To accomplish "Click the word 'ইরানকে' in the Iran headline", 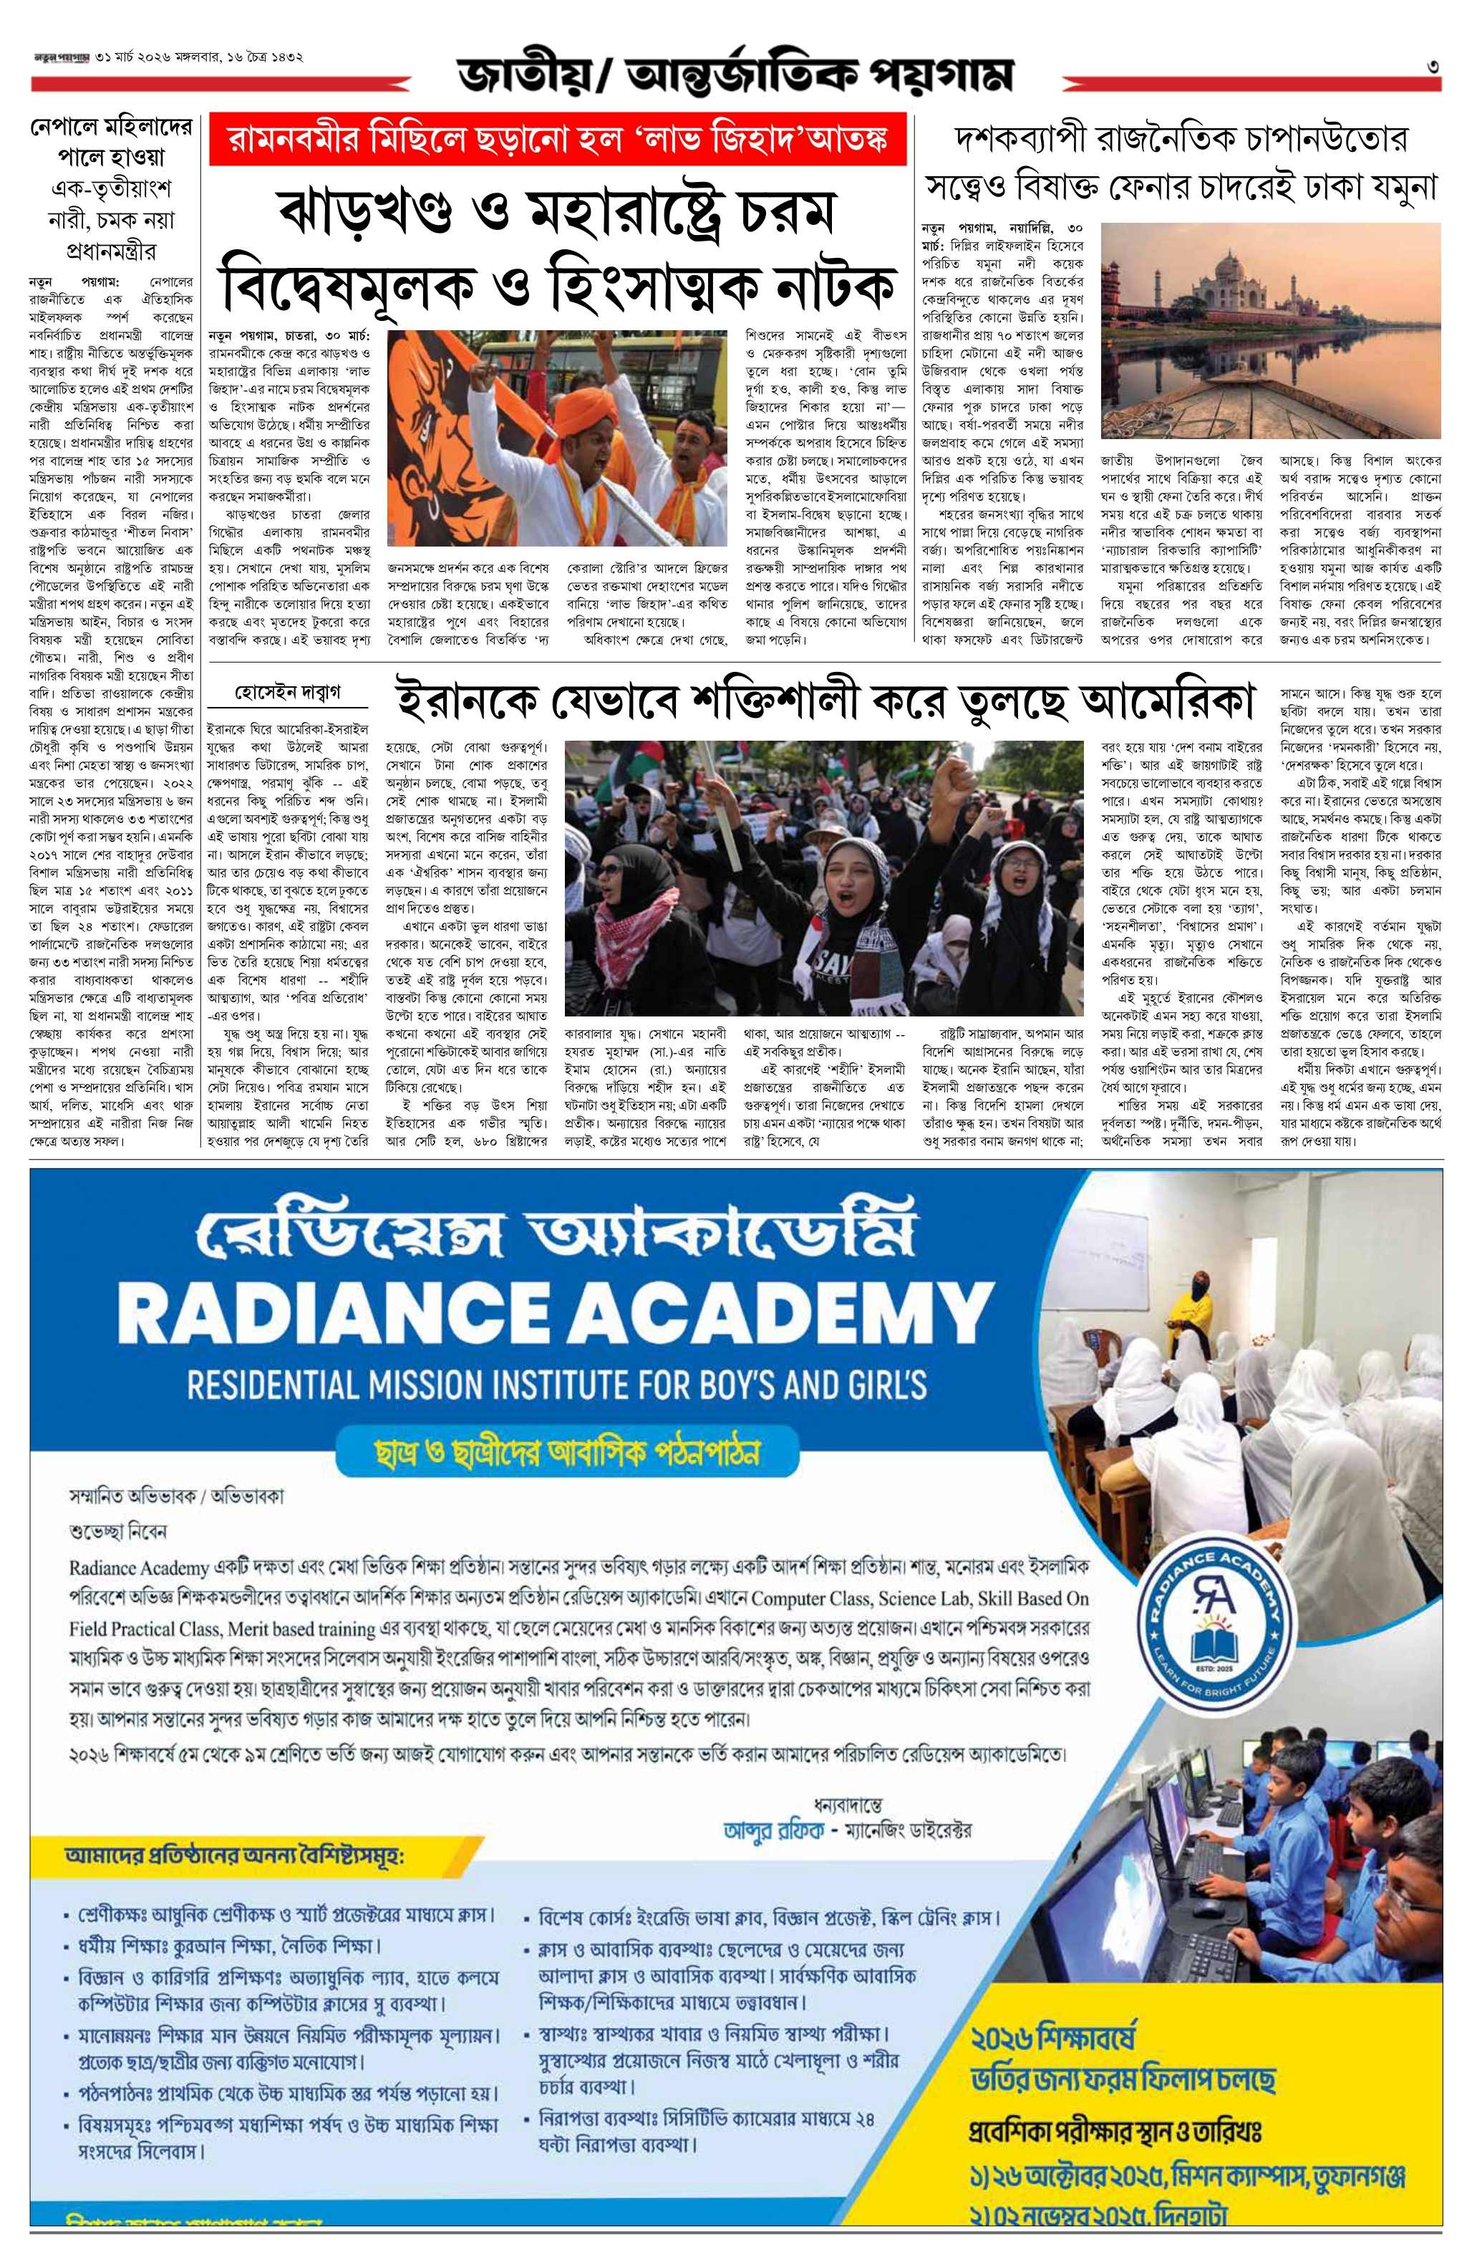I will [x=458, y=702].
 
